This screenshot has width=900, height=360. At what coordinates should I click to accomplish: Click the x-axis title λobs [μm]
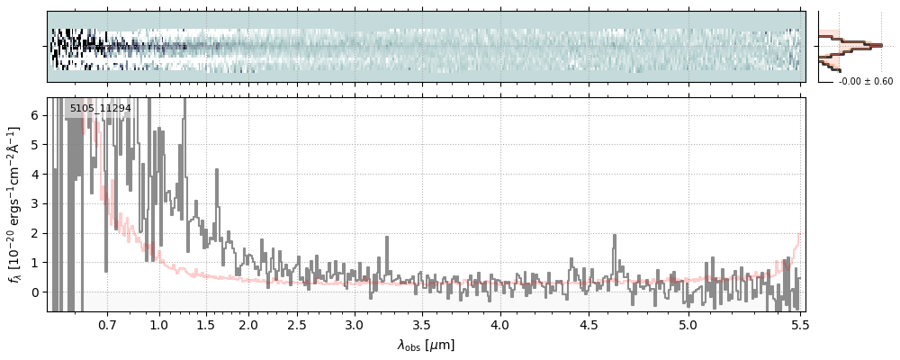(426, 345)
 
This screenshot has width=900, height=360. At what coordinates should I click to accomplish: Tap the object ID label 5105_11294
(100, 108)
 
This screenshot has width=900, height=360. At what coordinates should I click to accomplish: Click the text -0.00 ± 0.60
(866, 82)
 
